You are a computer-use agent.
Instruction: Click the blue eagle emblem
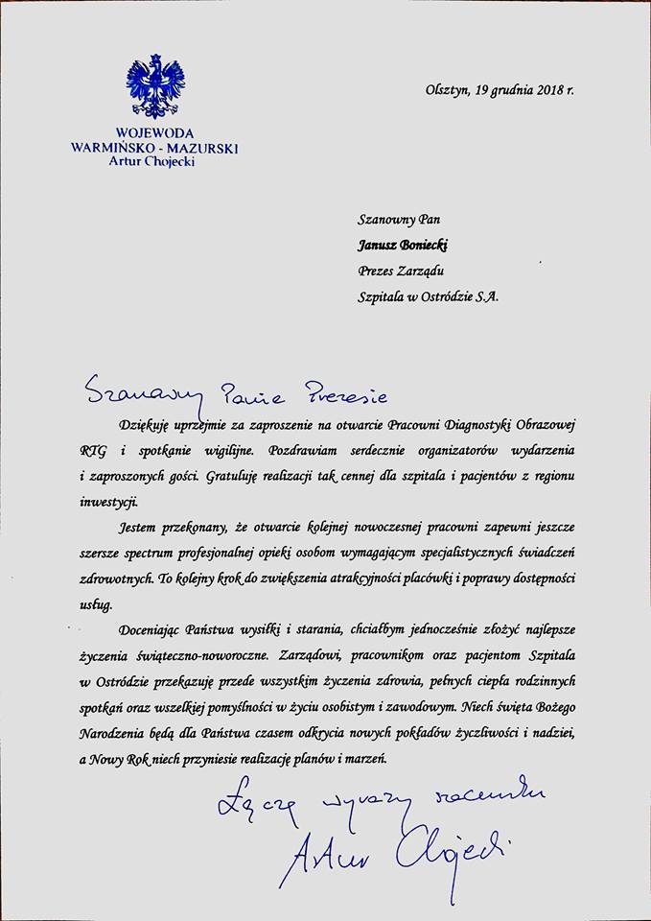click(x=154, y=87)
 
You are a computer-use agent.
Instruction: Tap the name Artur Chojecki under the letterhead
click(x=154, y=162)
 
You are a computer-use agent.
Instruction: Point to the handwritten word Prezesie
click(x=331, y=392)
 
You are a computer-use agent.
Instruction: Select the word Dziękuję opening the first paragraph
click(x=145, y=424)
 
